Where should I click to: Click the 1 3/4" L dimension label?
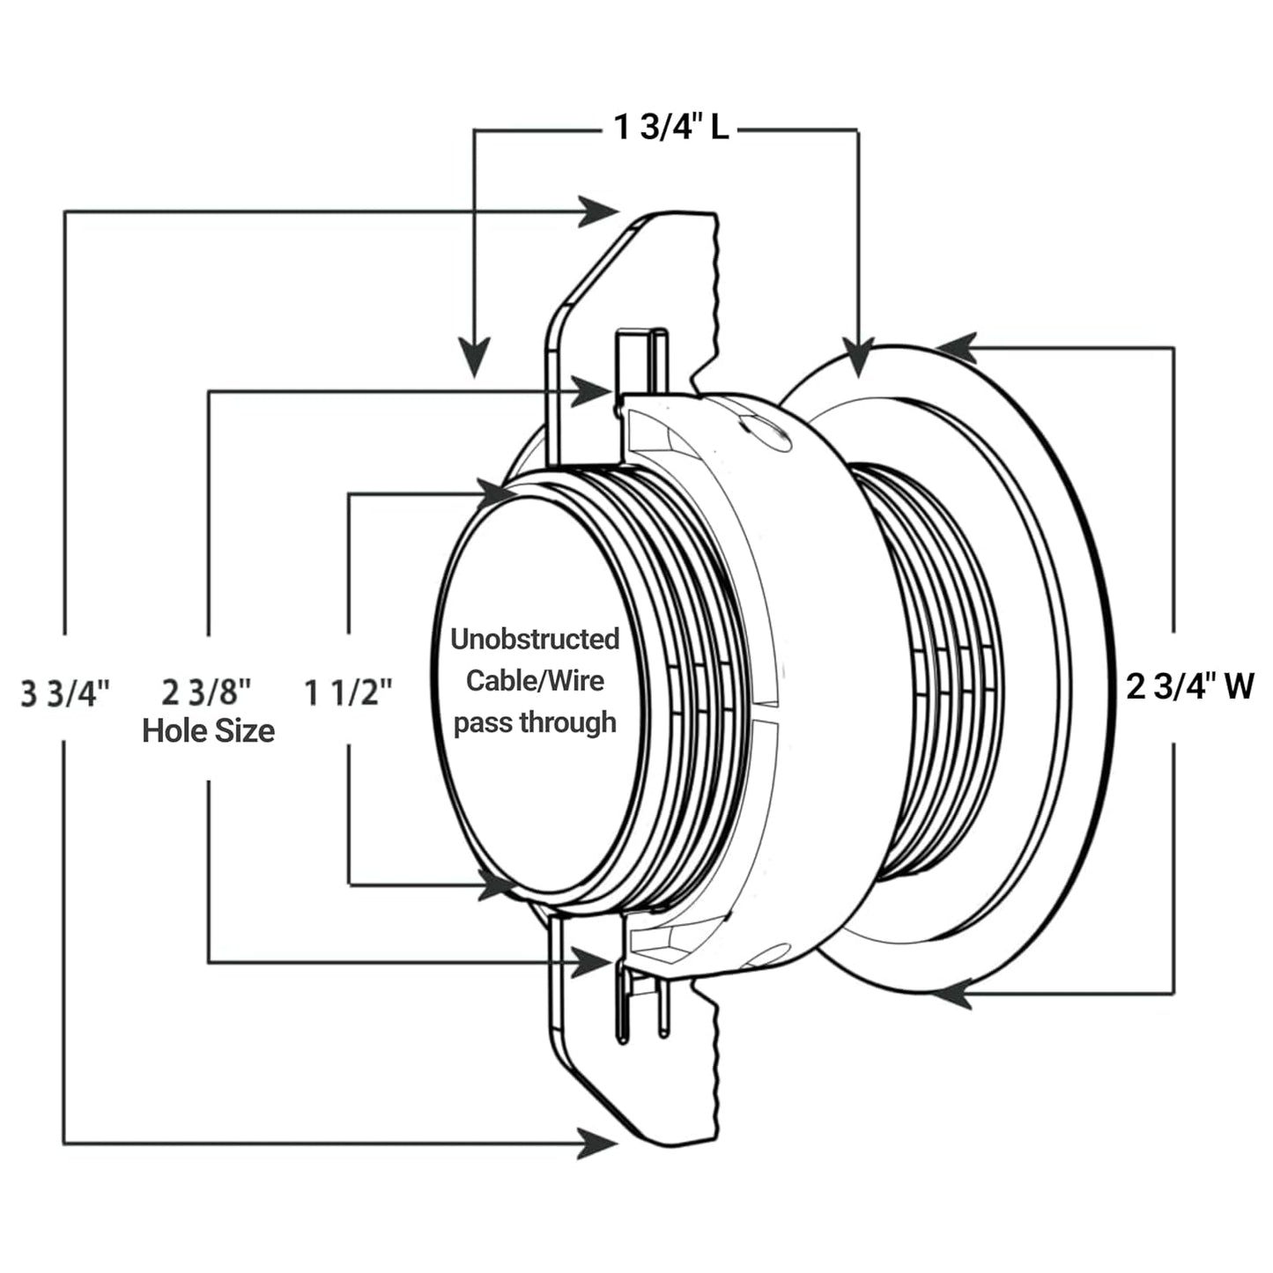tap(671, 129)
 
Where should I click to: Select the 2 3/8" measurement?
tap(207, 692)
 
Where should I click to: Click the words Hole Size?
tap(208, 730)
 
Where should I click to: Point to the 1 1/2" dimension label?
tap(348, 692)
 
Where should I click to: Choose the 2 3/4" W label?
tap(1189, 685)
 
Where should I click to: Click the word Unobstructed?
tap(535, 639)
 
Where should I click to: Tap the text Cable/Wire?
tap(535, 680)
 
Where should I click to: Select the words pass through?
tap(535, 722)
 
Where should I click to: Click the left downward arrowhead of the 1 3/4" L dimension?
tap(475, 358)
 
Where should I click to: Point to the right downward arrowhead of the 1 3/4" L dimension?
tap(858, 358)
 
